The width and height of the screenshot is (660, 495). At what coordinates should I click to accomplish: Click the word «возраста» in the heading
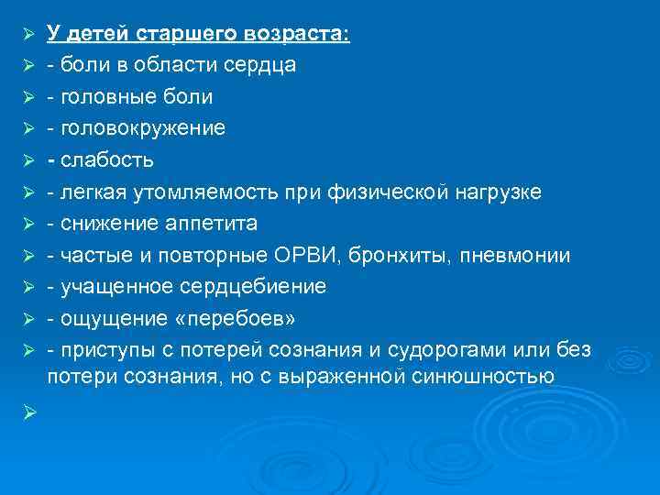[298, 34]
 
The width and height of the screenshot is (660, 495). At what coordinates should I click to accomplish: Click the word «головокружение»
[143, 128]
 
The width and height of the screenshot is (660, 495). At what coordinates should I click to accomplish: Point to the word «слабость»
[108, 160]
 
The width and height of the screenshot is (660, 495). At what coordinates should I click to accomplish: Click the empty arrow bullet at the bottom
[28, 413]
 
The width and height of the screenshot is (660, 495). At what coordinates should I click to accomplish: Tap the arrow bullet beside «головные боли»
[28, 97]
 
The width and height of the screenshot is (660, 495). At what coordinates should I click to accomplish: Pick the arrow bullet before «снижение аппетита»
[28, 224]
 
